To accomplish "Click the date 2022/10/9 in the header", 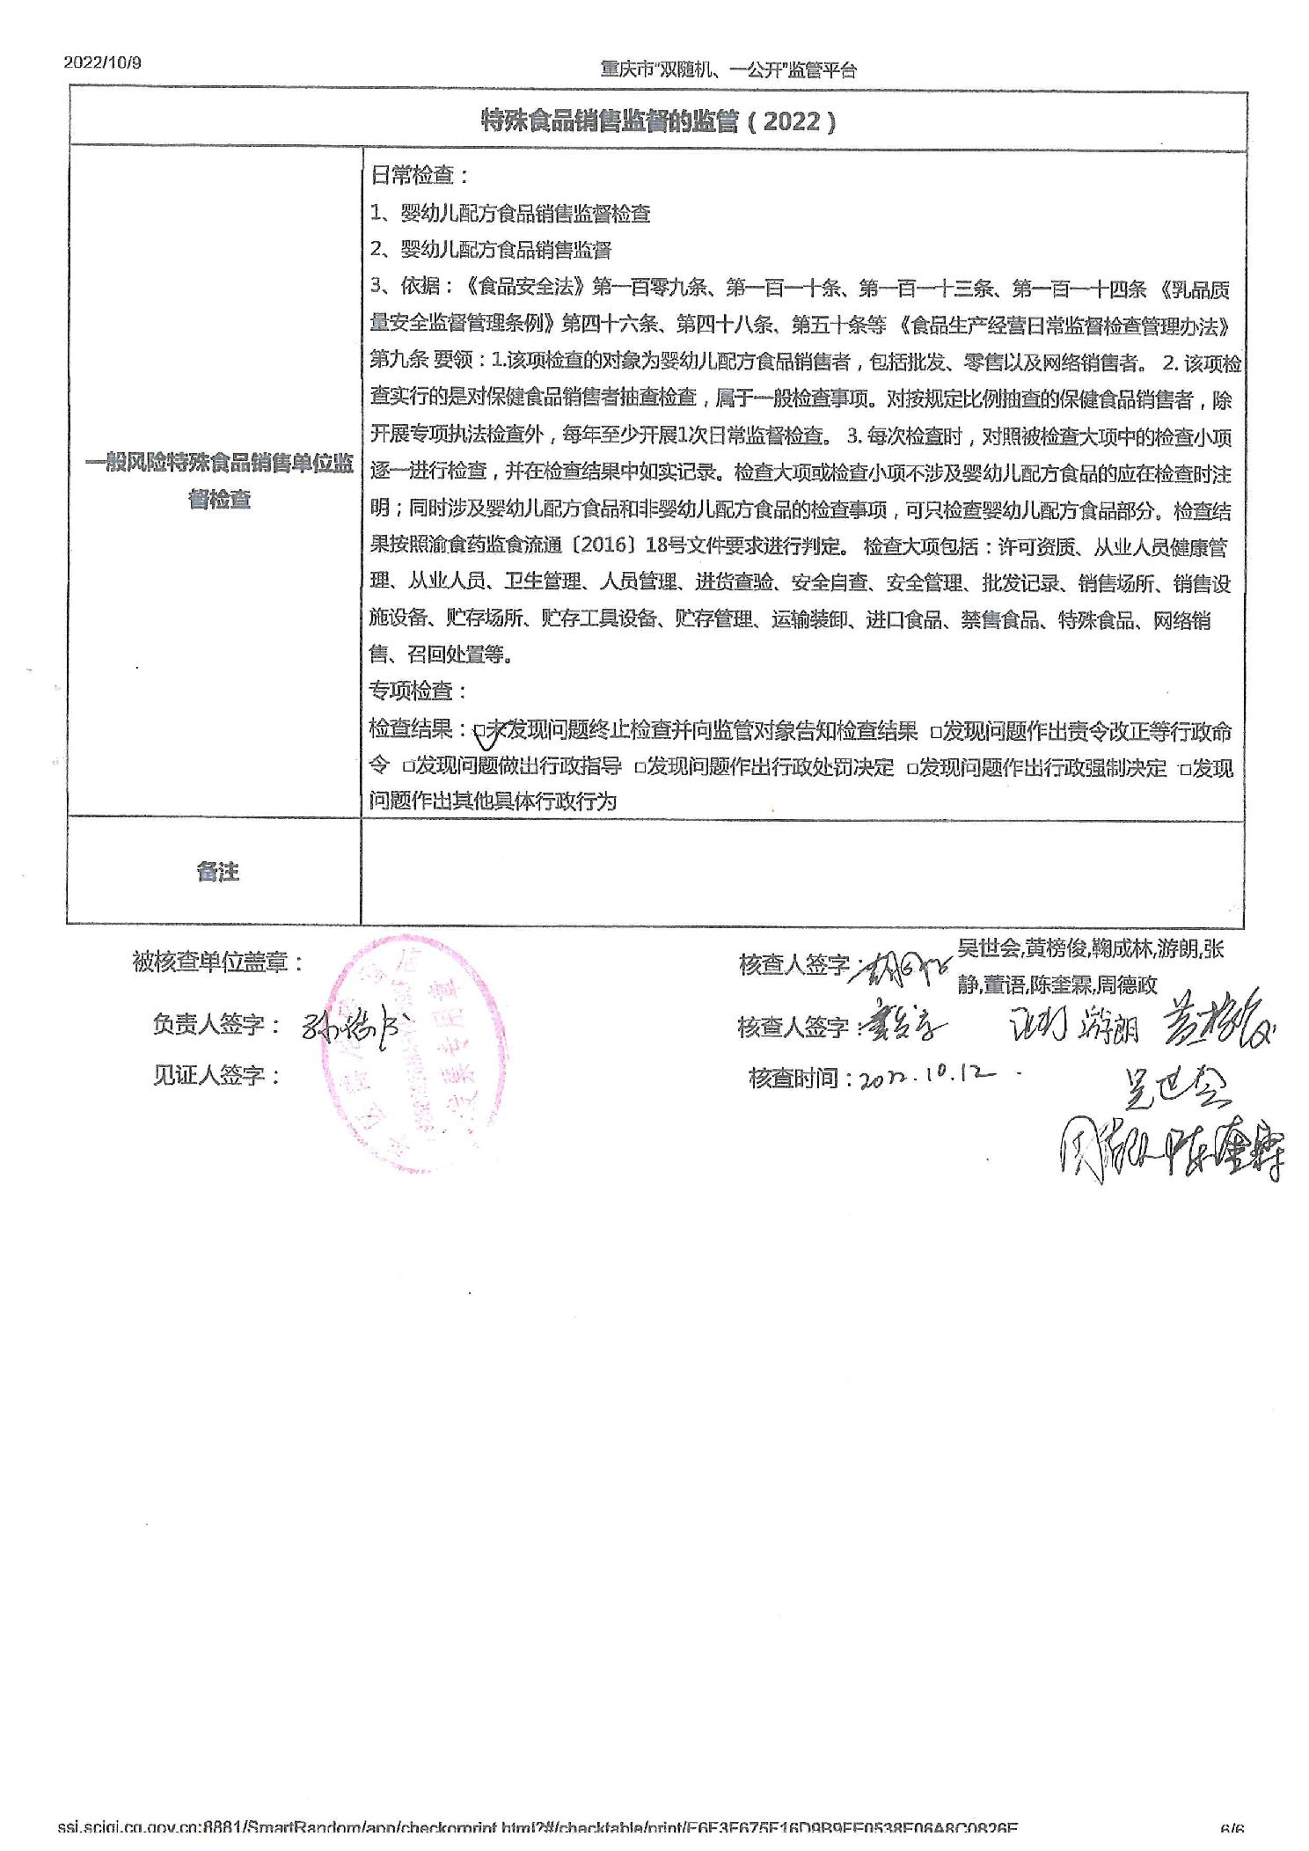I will [102, 62].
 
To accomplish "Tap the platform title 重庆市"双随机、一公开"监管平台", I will [728, 70].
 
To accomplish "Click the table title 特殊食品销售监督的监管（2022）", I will [658, 121].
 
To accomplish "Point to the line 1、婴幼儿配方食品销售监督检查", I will [510, 213].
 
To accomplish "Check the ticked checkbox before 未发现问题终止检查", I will [480, 730].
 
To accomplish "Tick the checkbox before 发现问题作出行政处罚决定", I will [640, 767].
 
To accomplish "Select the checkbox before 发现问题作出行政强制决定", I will [912, 768].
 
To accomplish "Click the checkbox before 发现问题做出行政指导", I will [408, 767].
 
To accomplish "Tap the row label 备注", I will [218, 871].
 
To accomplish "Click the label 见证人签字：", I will [216, 1075].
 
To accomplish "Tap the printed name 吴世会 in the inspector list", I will [988, 947].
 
